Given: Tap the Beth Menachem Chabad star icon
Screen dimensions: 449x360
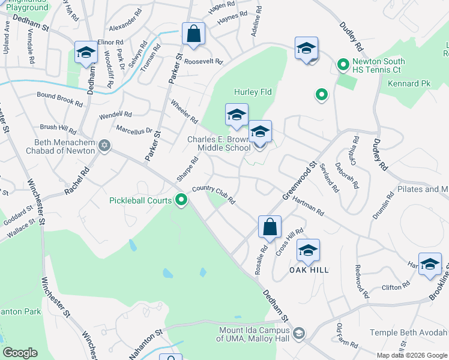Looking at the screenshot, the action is [104, 146].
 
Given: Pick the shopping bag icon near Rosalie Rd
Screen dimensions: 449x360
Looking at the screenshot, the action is [270, 227].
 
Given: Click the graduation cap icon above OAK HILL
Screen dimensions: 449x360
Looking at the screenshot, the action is [308, 251].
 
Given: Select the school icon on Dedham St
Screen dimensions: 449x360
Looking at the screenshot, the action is [86, 53].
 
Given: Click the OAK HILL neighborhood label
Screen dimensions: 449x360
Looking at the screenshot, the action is [309, 271].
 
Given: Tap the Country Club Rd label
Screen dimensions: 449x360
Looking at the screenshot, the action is [213, 196].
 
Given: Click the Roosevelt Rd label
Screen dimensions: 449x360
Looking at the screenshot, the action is [203, 62].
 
